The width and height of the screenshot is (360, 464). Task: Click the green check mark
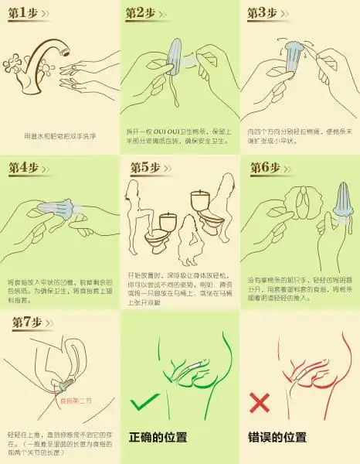pyautogui.click(x=146, y=403)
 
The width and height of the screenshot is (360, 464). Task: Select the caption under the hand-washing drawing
pyautogui.click(x=59, y=135)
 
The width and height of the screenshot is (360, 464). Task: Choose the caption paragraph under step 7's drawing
pyautogui.click(x=59, y=439)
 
